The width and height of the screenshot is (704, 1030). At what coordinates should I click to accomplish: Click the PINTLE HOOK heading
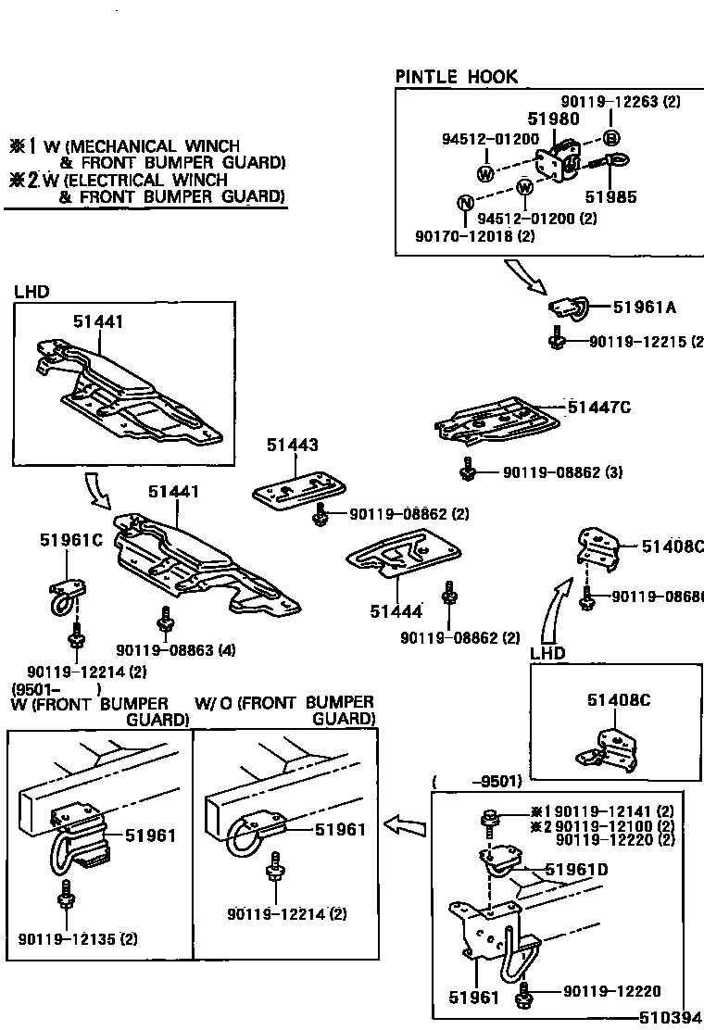pos(457,77)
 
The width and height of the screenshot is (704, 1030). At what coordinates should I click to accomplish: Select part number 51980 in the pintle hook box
pos(553,119)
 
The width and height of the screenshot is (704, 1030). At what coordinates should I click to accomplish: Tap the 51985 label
pos(610,197)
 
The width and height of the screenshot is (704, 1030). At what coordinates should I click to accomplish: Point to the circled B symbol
pos(611,139)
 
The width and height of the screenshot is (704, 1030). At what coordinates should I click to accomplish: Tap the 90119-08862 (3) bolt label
pos(562,472)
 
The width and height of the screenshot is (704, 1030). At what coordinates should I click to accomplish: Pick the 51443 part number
pos(293,446)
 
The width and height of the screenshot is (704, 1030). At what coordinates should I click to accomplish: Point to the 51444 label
pos(396,611)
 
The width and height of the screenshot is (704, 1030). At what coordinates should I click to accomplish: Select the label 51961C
pos(70,540)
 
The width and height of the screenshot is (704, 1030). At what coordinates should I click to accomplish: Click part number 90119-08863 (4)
pos(163,651)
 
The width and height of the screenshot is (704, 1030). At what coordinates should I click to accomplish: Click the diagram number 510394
pos(671,1017)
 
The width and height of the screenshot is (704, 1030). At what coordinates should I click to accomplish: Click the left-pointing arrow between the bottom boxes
pos(404,823)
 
